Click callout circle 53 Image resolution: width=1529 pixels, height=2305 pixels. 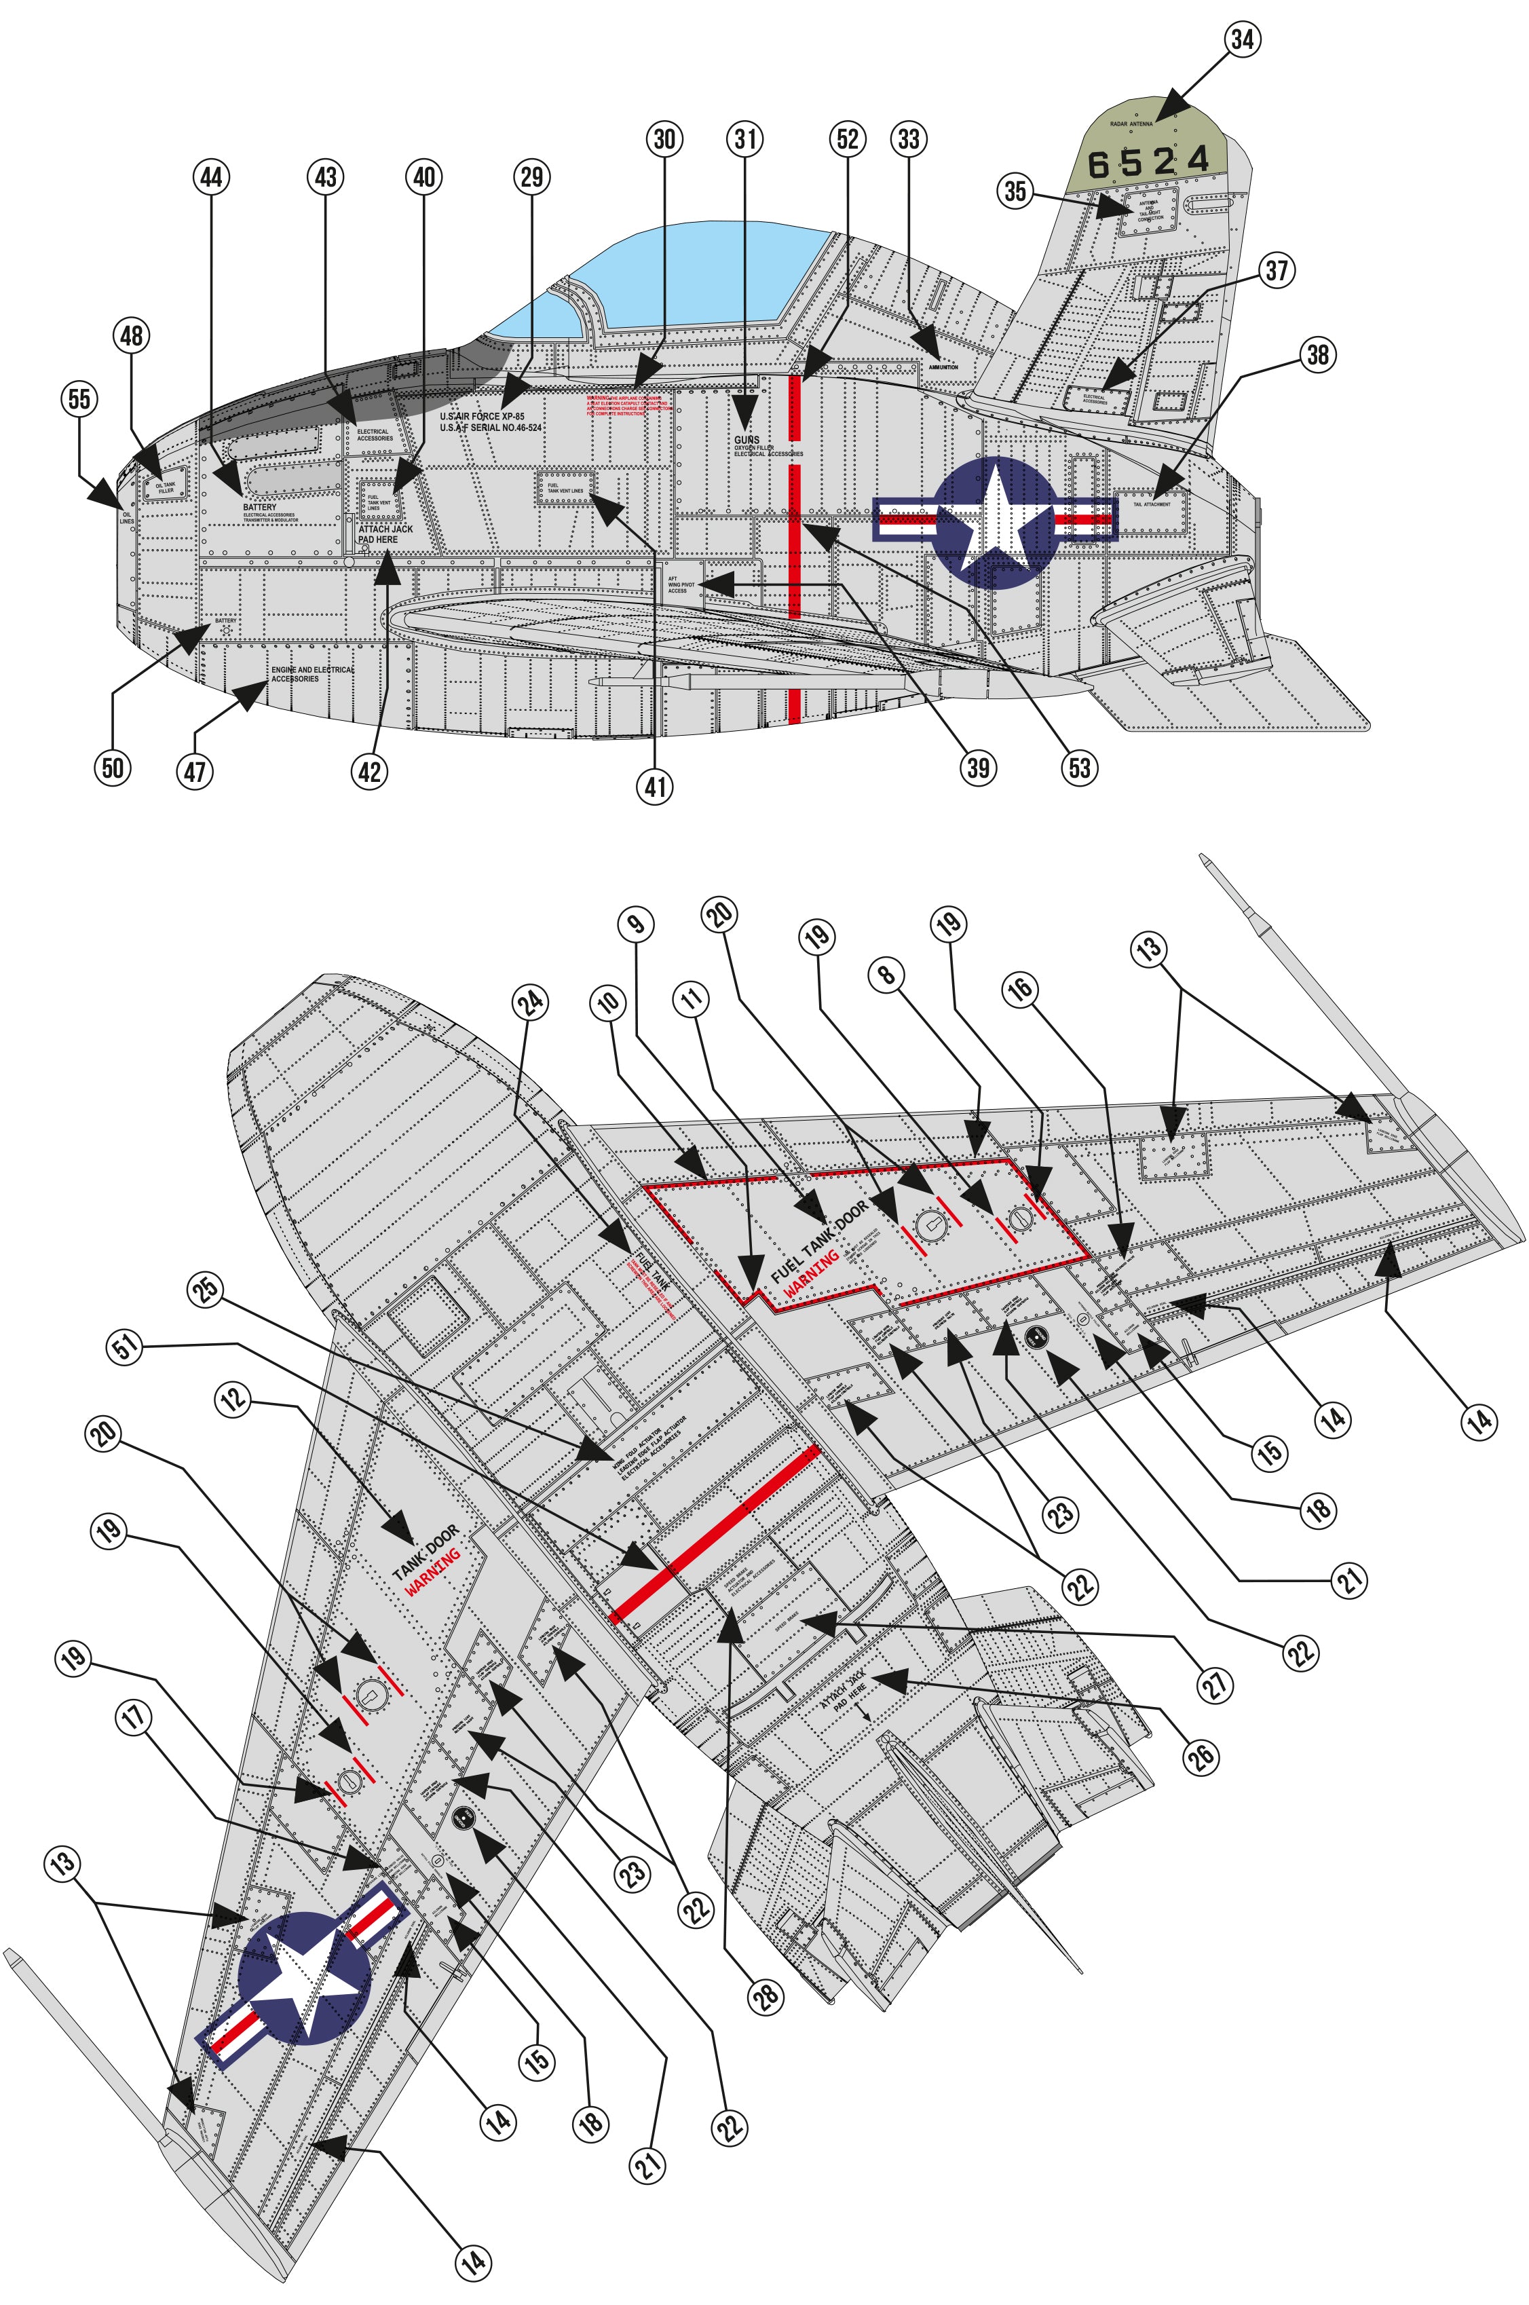pos(1080,768)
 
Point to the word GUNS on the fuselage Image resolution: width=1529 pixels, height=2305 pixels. pos(746,441)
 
